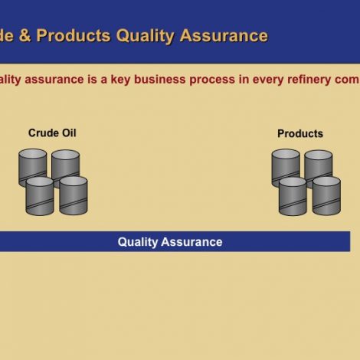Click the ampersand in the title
tap(25, 35)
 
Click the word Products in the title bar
tap(74, 35)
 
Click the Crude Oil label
tap(52, 133)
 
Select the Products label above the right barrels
tap(299, 133)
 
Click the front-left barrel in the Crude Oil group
tap(39, 196)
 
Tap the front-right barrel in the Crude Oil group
tap(74, 196)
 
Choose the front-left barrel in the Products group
tap(293, 197)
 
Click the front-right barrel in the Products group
tap(326, 196)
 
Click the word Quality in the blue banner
tap(138, 242)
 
